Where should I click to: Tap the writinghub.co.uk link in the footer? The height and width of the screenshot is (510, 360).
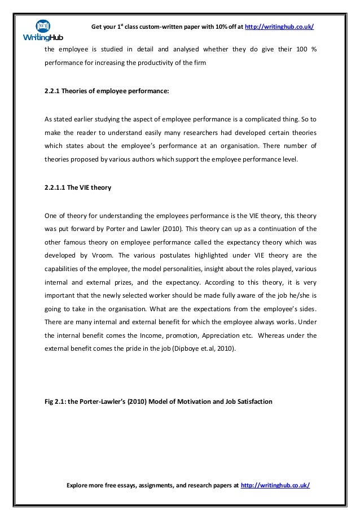(x=275, y=485)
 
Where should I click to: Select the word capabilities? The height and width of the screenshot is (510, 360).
(x=62, y=268)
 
